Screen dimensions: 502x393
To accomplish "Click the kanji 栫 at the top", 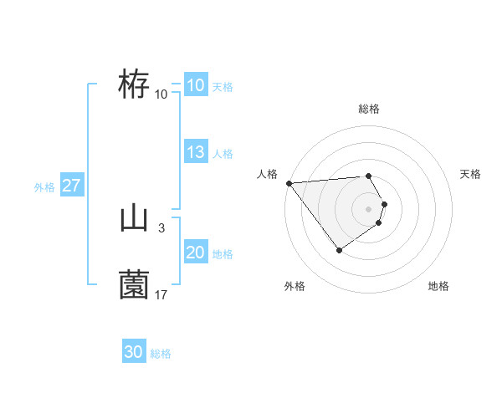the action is (x=134, y=85).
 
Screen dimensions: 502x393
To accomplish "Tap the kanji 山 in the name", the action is (x=134, y=219).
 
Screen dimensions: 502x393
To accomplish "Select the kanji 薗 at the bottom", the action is (x=134, y=286).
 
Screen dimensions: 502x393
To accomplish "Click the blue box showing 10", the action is (x=195, y=85).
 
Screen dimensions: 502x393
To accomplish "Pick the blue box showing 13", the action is (x=195, y=152).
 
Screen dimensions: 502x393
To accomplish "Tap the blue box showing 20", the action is (x=195, y=253).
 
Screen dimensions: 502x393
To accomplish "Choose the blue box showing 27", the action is (x=71, y=186).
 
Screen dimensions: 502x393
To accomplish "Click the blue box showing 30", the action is (x=134, y=352).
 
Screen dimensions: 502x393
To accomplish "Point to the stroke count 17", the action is (x=161, y=294).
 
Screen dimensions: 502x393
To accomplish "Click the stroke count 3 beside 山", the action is (x=161, y=227).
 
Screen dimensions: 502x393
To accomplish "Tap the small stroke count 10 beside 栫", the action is (x=161, y=94).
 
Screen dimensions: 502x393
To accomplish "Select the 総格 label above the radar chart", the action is (x=369, y=109).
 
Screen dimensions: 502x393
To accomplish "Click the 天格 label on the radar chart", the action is (x=470, y=174).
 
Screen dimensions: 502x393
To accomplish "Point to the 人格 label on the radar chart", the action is (x=267, y=174).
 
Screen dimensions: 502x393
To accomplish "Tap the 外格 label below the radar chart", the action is (x=295, y=286).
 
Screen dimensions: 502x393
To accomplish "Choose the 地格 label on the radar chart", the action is (x=438, y=286).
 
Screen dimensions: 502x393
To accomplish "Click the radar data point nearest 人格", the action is (x=289, y=183).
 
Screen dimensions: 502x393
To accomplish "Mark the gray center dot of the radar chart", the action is (x=369, y=208).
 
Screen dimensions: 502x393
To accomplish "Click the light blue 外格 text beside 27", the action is (x=44, y=187).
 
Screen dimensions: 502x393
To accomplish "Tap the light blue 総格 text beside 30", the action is (x=161, y=354).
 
